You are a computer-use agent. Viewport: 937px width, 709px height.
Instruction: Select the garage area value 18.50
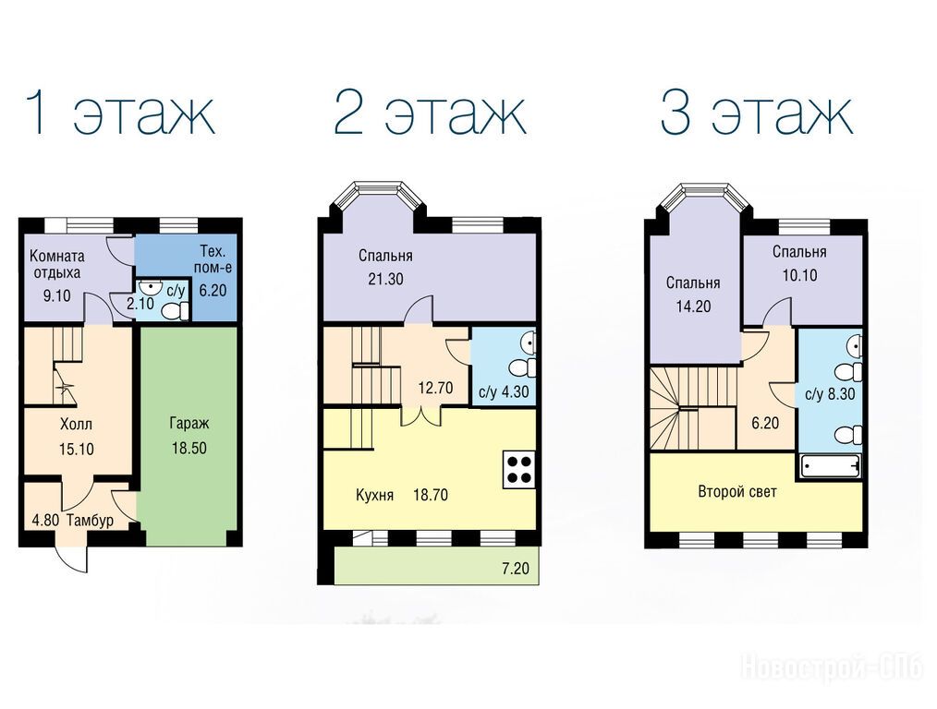pos(189,448)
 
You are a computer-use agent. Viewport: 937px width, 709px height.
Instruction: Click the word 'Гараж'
pos(189,424)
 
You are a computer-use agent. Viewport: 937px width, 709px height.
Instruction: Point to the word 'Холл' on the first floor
pos(77,425)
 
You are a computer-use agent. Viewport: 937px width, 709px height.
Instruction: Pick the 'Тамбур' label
pos(91,521)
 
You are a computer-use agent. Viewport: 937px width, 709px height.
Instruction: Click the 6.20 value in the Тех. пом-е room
pos(213,290)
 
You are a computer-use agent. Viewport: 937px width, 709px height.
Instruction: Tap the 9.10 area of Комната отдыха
pos(56,295)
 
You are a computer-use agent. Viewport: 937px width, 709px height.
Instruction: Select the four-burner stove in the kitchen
pos(518,468)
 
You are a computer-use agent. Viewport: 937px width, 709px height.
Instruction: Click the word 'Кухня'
pos(374,495)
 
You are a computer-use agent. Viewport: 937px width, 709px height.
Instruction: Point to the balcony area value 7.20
pos(515,568)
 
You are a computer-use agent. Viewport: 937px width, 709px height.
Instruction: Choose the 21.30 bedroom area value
pos(385,279)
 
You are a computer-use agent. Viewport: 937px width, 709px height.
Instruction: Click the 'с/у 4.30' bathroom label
pos(504,392)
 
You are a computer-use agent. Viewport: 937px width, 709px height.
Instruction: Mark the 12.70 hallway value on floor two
pos(435,388)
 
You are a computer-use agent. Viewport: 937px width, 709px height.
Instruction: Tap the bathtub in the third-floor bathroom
pos(830,465)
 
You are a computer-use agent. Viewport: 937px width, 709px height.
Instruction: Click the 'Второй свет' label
pos(737,492)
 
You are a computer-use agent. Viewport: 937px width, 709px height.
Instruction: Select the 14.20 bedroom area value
pos(693,306)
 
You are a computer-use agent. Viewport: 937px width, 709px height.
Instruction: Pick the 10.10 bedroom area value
pos(799,275)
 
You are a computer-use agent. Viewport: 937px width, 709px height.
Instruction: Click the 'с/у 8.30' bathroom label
pos(830,394)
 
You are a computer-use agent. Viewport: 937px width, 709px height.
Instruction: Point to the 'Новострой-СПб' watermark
pos(833,667)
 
